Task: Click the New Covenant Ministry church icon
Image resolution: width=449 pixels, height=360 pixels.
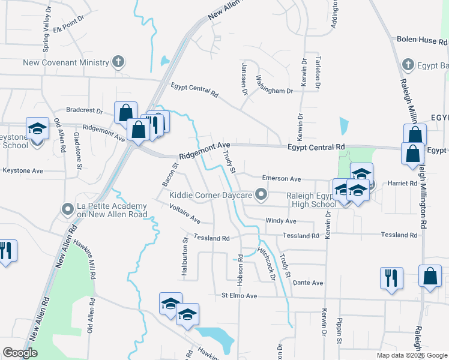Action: tap(119, 62)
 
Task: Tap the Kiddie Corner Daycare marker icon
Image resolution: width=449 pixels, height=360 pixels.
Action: tap(261, 194)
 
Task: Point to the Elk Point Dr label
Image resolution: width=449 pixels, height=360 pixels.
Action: tap(67, 28)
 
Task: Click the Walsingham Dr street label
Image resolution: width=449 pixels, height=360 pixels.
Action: tap(274, 85)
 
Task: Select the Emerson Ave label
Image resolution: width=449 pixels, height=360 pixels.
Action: tap(281, 179)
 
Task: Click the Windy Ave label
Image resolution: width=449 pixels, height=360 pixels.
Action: tap(281, 221)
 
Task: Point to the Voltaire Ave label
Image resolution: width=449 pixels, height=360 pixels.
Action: tap(184, 215)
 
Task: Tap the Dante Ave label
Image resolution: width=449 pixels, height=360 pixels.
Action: tap(308, 283)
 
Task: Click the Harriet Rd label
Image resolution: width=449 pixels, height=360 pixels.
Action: tap(402, 183)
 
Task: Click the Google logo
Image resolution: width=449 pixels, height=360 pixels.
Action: tap(20, 353)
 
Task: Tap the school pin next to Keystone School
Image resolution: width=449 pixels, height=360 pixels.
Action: tap(37, 129)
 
